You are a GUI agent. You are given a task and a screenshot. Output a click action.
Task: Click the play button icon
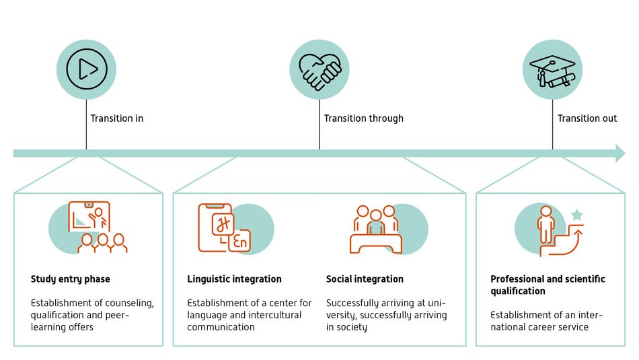86,69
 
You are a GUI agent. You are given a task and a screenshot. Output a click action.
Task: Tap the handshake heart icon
319,71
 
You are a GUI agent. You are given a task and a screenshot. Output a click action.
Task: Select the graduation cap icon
552,71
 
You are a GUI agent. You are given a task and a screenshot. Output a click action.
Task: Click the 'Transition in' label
117,118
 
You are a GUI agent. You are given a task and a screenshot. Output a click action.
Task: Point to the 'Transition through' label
363,118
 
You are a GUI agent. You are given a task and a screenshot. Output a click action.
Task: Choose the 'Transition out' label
587,118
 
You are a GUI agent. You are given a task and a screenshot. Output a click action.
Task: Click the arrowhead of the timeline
620,153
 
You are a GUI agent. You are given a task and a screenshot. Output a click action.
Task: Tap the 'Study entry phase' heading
70,279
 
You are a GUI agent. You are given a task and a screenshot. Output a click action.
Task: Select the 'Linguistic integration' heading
234,279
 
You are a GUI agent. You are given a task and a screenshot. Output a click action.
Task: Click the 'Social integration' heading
365,279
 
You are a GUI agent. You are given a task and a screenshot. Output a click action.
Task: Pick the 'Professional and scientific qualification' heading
548,285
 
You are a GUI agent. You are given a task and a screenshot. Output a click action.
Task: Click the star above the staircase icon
576,215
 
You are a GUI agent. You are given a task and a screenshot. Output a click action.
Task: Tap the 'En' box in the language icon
239,242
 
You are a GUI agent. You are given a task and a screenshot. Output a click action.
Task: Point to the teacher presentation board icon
89,217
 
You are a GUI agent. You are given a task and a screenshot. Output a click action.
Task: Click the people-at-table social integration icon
376,229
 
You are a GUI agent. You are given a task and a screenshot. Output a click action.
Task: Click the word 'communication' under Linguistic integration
221,327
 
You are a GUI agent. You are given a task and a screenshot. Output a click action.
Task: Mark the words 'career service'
563,327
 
